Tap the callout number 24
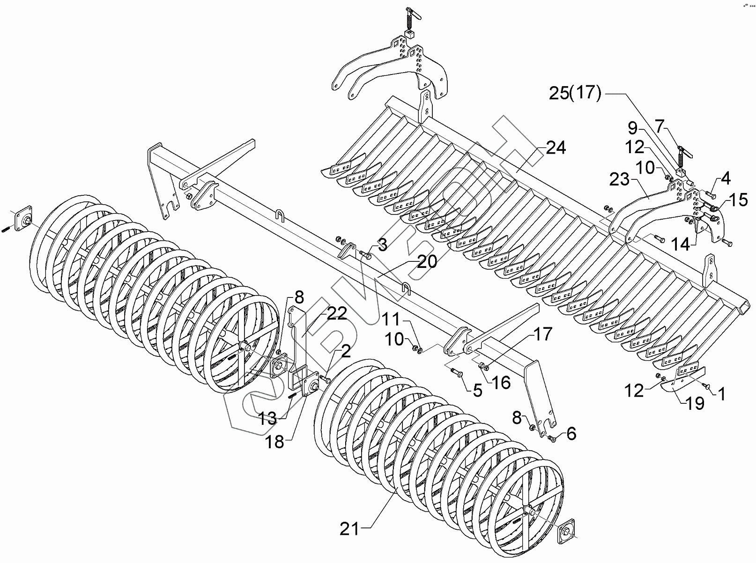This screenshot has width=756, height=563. coord(556,148)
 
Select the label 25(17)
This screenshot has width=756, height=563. coord(575,93)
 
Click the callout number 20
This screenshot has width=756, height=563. coord(427,261)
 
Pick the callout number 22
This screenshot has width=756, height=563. coord(337,313)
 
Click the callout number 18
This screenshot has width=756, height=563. coord(275,441)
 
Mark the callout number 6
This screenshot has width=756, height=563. coord(571,434)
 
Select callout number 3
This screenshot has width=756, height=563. coord(383,245)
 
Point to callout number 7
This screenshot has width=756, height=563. coord(660,126)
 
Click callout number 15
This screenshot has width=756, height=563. coord(738,200)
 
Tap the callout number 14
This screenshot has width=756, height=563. coord(680,244)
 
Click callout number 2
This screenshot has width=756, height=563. coord(345,351)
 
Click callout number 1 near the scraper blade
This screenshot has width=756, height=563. coord(721,394)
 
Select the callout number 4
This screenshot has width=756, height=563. coord(726,178)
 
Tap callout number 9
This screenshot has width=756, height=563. coord(633,127)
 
